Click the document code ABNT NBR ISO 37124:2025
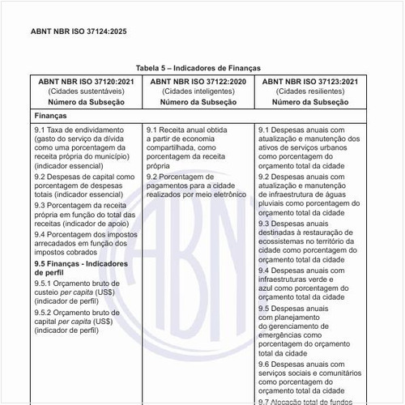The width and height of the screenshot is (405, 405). pos(79,32)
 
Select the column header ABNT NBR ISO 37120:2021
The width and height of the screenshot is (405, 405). pos(86,82)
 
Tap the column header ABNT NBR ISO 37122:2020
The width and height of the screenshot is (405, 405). pos(198,82)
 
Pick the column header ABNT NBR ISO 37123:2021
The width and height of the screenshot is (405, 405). pos(309,82)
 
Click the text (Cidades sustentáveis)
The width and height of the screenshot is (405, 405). pos(86,92)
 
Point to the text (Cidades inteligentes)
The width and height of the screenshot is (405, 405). pos(198,92)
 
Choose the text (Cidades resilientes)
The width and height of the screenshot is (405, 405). pos(309,92)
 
